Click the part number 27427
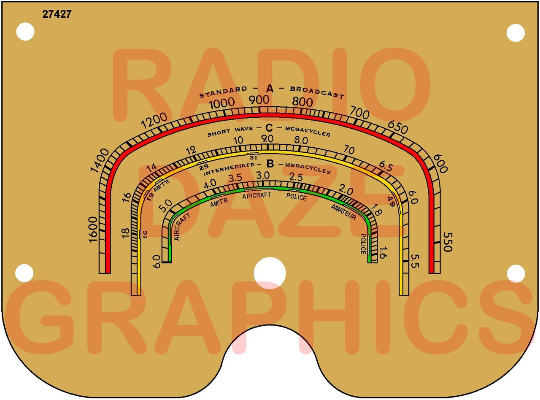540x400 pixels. click(x=57, y=14)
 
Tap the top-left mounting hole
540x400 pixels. click(x=25, y=32)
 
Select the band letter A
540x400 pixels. click(x=270, y=89)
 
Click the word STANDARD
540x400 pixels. click(x=223, y=92)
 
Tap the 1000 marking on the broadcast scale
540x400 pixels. click(x=222, y=103)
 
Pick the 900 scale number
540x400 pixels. click(x=259, y=100)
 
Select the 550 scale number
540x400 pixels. click(x=447, y=241)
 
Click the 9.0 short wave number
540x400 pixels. click(x=267, y=139)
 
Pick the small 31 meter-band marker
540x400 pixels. click(x=254, y=157)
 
